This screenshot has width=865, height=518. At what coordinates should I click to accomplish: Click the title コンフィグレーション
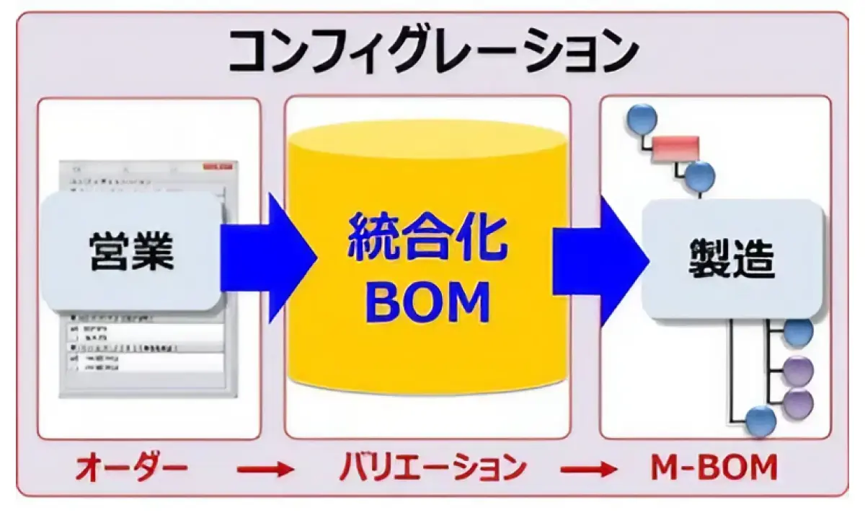click(433, 51)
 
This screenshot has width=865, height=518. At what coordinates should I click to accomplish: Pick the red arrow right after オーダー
click(266, 470)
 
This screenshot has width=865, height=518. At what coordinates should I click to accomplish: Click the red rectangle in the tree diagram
click(675, 149)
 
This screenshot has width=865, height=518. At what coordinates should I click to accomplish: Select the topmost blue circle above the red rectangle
click(642, 118)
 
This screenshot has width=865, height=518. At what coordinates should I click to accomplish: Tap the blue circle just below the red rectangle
click(699, 176)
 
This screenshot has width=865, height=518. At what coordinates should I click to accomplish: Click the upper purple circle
click(797, 371)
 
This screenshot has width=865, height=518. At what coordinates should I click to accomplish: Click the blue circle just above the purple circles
click(797, 333)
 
